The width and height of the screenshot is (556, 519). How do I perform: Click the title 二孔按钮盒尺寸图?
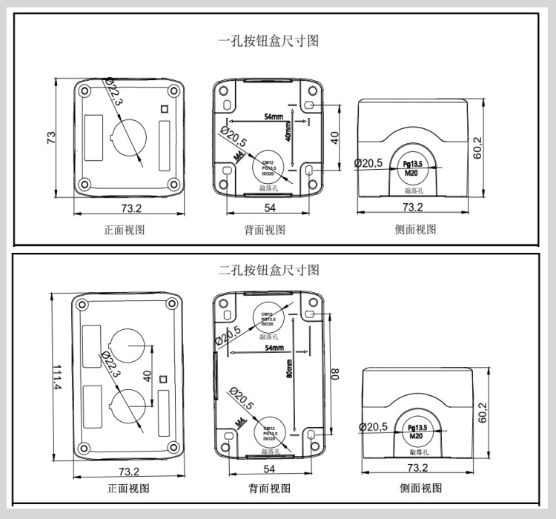(x=268, y=269)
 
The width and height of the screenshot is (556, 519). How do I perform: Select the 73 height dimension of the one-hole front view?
(x=51, y=138)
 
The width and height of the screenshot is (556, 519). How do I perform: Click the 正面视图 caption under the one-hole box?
(x=124, y=230)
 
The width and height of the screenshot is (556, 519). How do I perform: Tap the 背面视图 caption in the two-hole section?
(x=270, y=488)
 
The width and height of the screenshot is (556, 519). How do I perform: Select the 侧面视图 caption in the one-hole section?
(x=415, y=230)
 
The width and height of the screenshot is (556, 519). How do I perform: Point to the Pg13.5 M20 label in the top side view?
(x=413, y=168)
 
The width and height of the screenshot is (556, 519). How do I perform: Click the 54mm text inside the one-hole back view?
(x=273, y=117)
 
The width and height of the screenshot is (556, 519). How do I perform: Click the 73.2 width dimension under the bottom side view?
(x=417, y=467)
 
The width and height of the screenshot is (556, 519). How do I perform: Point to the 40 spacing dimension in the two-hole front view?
(x=147, y=376)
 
